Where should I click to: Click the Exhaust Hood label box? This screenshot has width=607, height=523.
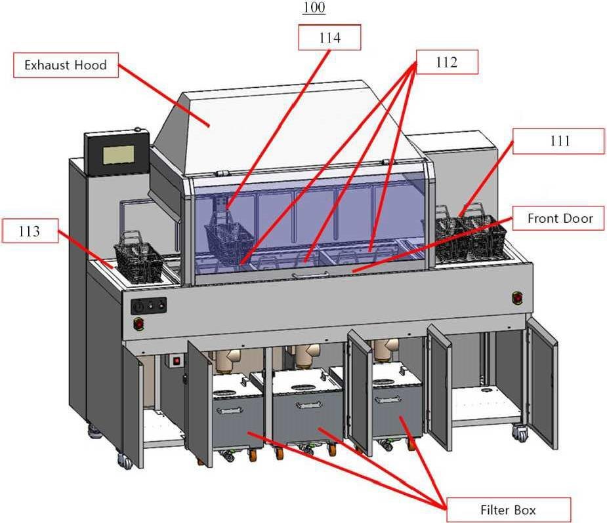click(x=66, y=65)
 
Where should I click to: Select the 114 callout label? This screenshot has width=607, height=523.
click(x=329, y=37)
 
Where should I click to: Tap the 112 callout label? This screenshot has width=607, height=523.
click(x=447, y=62)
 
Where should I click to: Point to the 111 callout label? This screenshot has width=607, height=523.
click(x=558, y=141)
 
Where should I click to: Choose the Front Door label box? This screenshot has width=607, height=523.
click(x=558, y=218)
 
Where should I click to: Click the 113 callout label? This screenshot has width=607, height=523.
click(x=30, y=231)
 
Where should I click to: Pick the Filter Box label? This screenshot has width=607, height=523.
click(x=509, y=510)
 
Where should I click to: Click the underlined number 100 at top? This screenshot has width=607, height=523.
click(x=314, y=7)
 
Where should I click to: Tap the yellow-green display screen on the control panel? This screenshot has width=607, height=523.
click(x=119, y=155)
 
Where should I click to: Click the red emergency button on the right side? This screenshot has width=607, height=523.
click(x=517, y=298)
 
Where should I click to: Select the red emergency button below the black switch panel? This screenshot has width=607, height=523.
click(x=138, y=323)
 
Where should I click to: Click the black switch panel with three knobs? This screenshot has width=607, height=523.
click(x=149, y=306)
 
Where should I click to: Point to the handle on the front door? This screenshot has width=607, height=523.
click(x=310, y=275)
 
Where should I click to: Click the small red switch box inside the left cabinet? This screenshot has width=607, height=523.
click(x=177, y=361)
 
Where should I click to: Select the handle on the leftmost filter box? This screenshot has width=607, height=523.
click(x=230, y=409)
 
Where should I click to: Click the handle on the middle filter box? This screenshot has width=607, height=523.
click(x=309, y=405)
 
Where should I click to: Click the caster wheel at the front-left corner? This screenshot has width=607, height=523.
click(x=125, y=460)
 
